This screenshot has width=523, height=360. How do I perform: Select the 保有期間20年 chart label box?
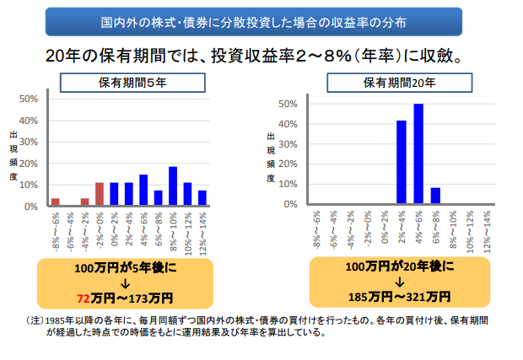(399, 82)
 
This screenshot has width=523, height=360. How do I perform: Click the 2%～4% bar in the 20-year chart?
(402, 162)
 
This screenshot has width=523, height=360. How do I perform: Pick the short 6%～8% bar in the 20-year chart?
(435, 196)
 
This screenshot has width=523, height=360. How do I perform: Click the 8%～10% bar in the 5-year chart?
(173, 186)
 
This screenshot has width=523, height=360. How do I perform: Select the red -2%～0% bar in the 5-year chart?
(100, 194)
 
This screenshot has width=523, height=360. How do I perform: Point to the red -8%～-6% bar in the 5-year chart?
(56, 201)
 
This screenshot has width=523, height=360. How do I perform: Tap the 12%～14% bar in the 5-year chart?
(202, 198)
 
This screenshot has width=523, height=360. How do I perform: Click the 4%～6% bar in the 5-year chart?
(143, 190)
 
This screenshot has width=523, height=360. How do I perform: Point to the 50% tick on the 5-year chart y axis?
(28, 99)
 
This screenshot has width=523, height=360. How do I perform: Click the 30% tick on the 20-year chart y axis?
(287, 144)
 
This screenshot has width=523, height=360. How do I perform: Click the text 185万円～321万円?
(398, 297)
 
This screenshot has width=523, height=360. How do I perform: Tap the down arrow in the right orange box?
(398, 282)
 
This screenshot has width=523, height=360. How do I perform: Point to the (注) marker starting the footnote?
(35, 321)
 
